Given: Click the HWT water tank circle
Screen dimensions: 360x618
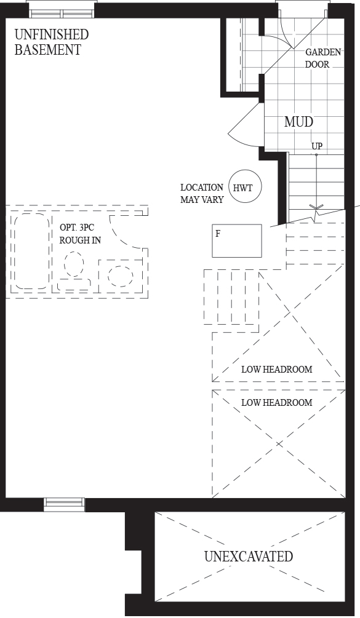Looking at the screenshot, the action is (246, 187).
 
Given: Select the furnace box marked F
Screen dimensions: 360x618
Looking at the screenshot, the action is (236, 240).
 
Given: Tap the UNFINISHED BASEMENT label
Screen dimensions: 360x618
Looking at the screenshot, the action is (52, 42).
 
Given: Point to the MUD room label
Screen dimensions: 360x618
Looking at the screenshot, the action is (299, 122).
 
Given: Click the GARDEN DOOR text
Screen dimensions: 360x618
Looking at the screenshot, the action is (323, 58).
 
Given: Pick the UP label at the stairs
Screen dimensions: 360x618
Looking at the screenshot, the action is (317, 146).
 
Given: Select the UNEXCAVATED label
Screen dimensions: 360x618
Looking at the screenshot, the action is (249, 556).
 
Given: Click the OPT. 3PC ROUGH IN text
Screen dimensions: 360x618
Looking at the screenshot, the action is (80, 234).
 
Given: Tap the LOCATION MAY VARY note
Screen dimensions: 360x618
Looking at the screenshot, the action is (202, 194).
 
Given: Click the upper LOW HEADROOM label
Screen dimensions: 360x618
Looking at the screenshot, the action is (277, 370).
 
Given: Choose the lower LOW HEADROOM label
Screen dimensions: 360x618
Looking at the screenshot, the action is (277, 402).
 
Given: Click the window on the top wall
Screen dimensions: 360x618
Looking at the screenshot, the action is (62, 12).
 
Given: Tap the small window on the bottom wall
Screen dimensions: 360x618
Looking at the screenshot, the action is (64, 504).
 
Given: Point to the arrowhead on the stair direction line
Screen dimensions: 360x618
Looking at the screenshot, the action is (316, 207).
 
